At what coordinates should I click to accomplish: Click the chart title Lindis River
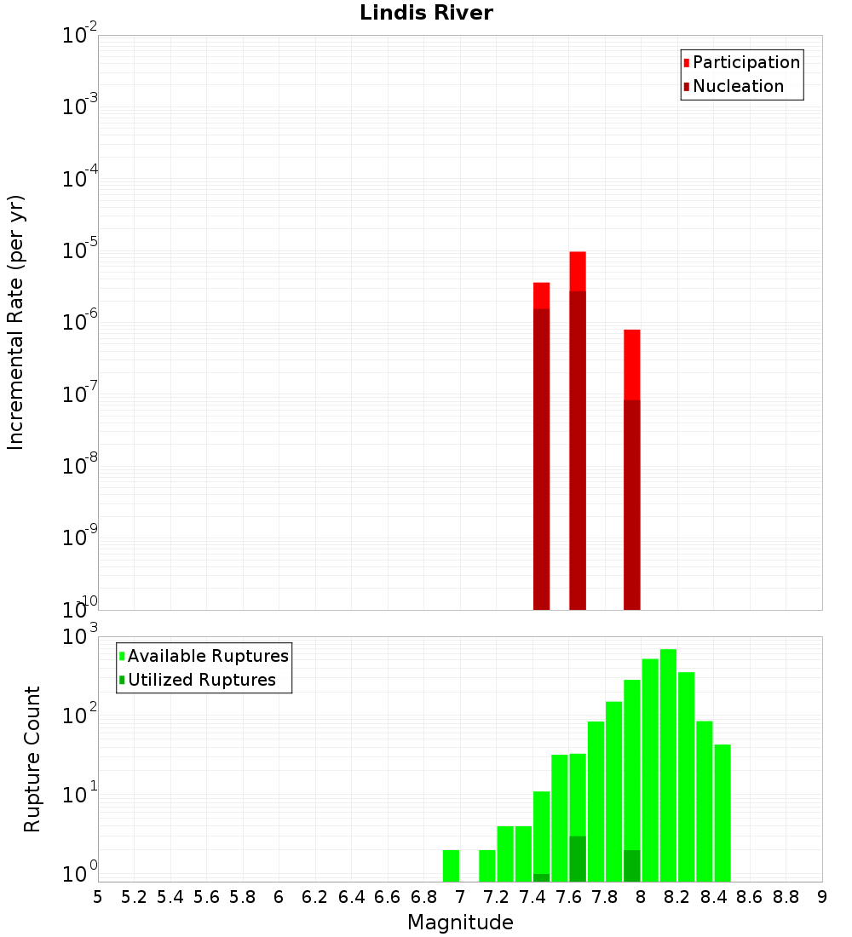426,13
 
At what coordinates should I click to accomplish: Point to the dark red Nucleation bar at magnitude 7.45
541,460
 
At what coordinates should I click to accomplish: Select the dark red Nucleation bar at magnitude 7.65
578,451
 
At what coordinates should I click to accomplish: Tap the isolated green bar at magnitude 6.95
451,865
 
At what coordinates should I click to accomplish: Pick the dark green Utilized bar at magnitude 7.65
578,859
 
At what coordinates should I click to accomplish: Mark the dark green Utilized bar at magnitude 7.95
631,865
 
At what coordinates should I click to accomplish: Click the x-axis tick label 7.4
532,897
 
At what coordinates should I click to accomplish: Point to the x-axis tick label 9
822,897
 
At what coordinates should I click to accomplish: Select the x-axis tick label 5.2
134,897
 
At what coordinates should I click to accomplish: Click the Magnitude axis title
460,923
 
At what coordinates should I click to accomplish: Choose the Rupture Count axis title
32,758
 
